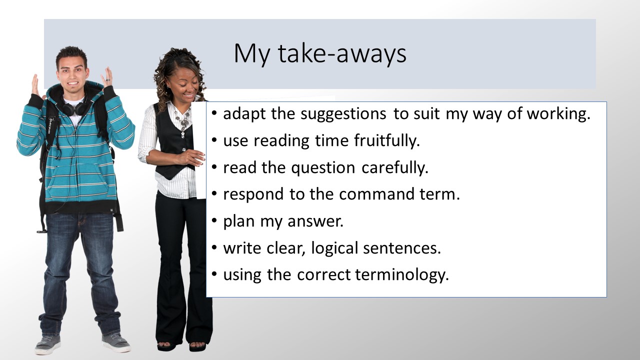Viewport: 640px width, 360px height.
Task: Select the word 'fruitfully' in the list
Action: pos(386,141)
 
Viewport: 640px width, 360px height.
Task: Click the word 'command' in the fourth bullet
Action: pos(376,194)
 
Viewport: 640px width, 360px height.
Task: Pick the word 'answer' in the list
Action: pos(315,221)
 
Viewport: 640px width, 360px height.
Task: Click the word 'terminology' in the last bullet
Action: pos(401,275)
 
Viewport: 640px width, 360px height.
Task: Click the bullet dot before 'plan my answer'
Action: pos(214,221)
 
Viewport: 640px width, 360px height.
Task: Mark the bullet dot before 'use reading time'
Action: pos(214,140)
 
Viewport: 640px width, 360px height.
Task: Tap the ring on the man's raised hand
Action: pos(108,79)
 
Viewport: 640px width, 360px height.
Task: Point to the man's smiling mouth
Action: pos(72,84)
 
